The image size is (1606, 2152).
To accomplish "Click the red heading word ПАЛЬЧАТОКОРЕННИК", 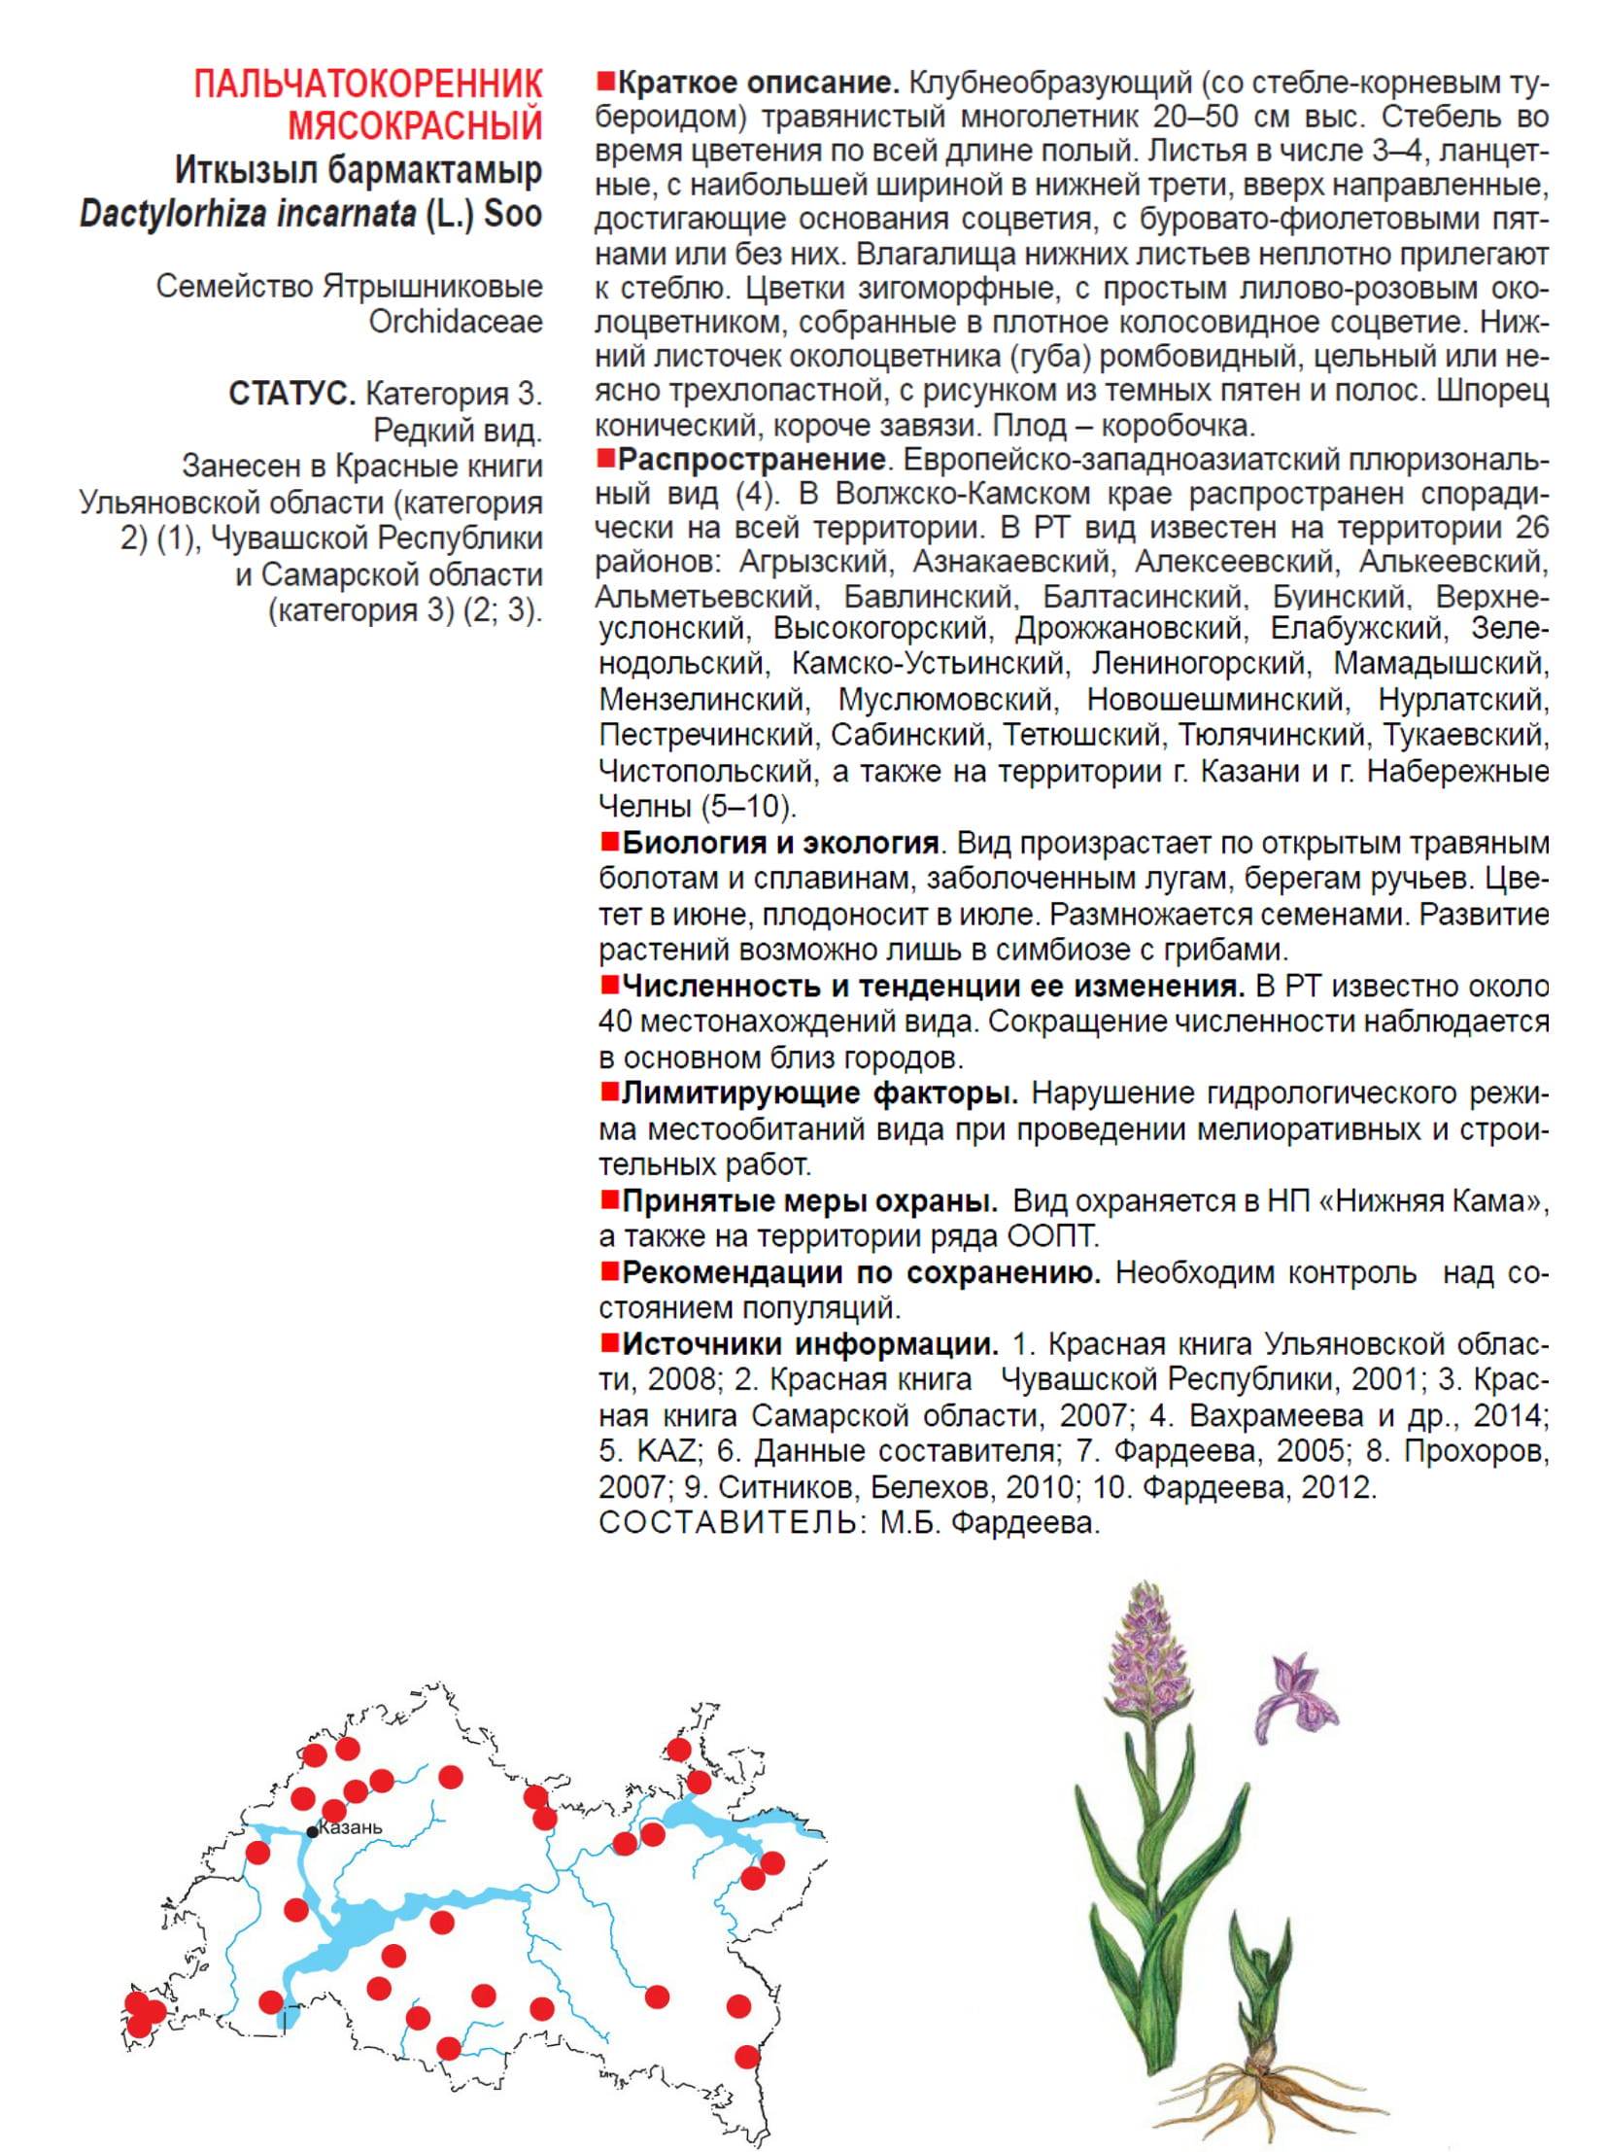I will pyautogui.click(x=367, y=86).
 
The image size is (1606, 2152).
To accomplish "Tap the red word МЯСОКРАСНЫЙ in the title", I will pyautogui.click(x=415, y=125).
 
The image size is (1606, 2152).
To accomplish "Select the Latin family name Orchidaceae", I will pyautogui.click(x=455, y=322).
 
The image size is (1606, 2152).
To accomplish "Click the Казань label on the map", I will pyautogui.click(x=351, y=1827).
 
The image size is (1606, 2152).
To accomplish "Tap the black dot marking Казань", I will pyautogui.click(x=312, y=1832).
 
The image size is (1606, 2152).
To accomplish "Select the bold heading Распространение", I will pyautogui.click(x=751, y=458).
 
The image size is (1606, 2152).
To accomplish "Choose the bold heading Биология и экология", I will pyautogui.click(x=779, y=842).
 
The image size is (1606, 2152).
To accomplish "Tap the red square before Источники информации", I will pyautogui.click(x=609, y=1344).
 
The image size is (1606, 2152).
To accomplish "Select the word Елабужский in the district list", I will pyautogui.click(x=1356, y=628).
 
